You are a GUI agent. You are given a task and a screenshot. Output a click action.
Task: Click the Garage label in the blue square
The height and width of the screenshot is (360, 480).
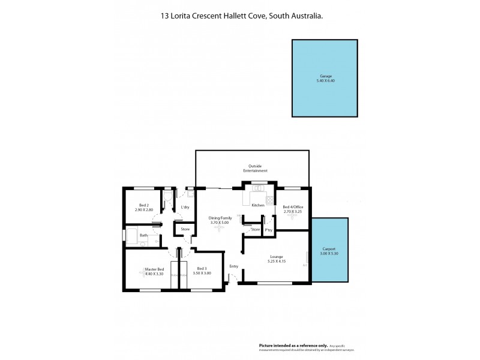click(x=325, y=76)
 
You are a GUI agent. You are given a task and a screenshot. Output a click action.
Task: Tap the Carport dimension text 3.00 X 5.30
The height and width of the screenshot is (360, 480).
click(x=329, y=254)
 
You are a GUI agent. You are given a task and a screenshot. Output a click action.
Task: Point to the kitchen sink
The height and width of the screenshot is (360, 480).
click(x=259, y=189)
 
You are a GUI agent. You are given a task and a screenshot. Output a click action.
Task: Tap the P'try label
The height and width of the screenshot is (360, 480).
click(x=269, y=229)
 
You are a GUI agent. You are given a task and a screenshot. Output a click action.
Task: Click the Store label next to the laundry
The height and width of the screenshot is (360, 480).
click(x=185, y=229)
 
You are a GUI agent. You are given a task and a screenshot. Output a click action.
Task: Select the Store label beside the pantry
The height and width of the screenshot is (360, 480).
click(x=256, y=229)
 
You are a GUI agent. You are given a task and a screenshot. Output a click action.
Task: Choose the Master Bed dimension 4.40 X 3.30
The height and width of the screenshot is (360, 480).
click(x=154, y=274)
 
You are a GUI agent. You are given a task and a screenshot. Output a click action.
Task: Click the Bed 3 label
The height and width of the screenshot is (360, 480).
click(x=202, y=269)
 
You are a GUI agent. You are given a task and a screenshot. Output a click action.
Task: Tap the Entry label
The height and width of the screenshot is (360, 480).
click(x=234, y=266)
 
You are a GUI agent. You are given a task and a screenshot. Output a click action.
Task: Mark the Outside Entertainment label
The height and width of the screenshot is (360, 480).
click(x=255, y=169)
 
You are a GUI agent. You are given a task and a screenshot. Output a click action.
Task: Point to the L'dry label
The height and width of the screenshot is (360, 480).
click(x=185, y=207)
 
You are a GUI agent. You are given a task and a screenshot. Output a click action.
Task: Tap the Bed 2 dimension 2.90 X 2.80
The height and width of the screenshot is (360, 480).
click(x=143, y=209)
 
